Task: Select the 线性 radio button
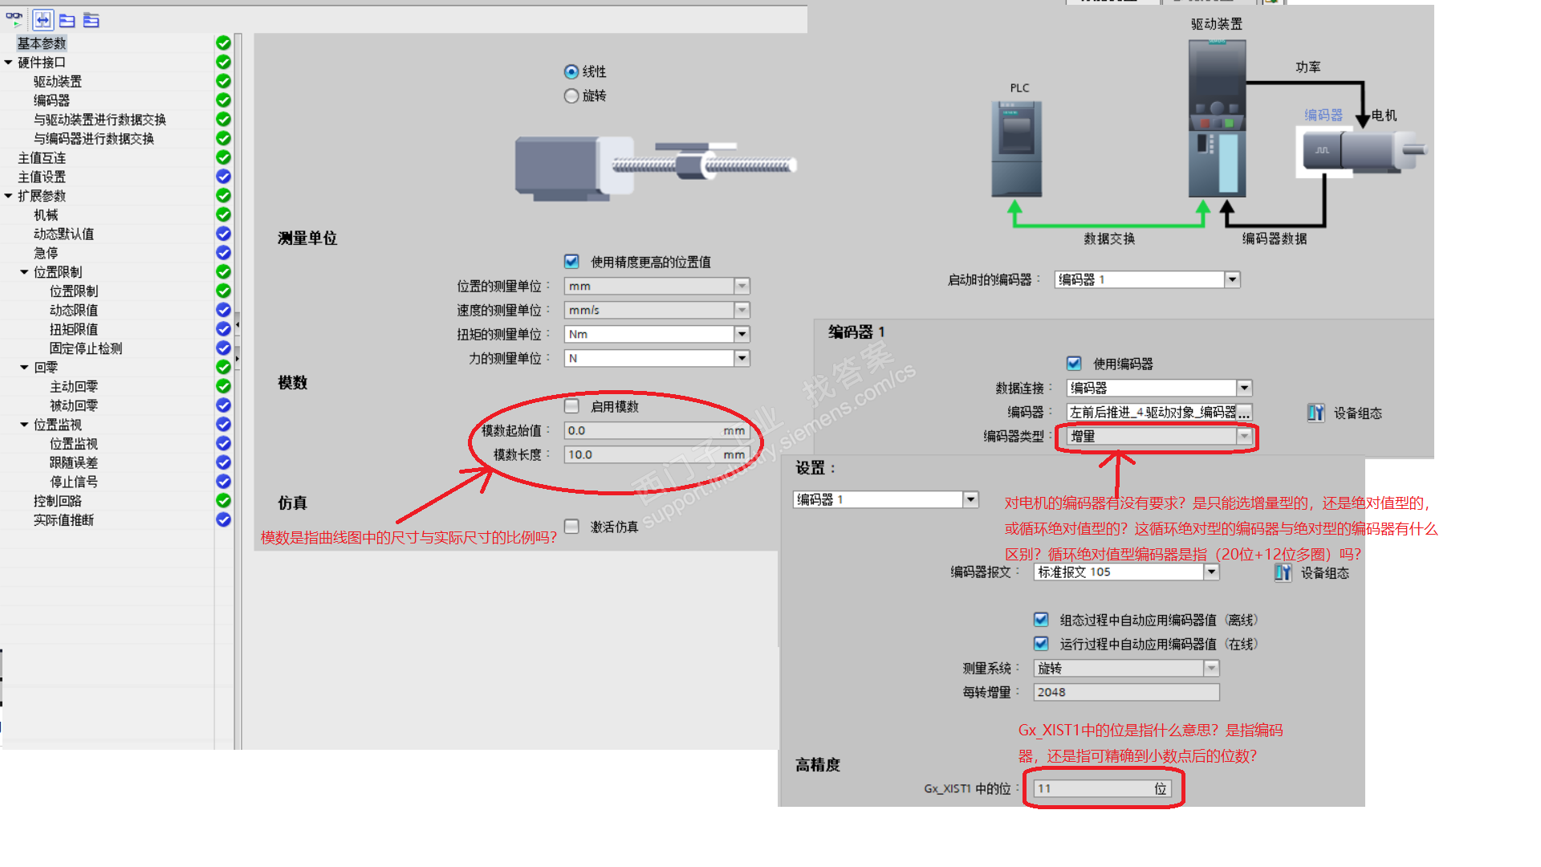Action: [x=571, y=72]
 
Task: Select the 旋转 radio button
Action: [x=571, y=96]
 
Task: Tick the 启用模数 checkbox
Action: [x=571, y=406]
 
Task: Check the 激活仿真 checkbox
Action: [x=571, y=527]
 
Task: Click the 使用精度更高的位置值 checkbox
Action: [x=571, y=262]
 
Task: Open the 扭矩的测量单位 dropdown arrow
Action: [x=742, y=334]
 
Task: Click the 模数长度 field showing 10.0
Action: [x=657, y=454]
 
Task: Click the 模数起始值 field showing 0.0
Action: [x=657, y=430]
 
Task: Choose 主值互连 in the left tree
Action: [x=42, y=158]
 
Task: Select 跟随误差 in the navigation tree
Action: [x=74, y=463]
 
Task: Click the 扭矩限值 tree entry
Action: [x=74, y=329]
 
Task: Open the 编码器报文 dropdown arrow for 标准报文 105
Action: [x=1212, y=572]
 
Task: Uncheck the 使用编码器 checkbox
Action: [x=1074, y=364]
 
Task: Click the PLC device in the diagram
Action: [x=1017, y=149]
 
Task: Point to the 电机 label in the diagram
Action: [x=1384, y=116]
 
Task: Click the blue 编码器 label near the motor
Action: [x=1323, y=116]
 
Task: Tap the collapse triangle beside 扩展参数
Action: [x=9, y=196]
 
